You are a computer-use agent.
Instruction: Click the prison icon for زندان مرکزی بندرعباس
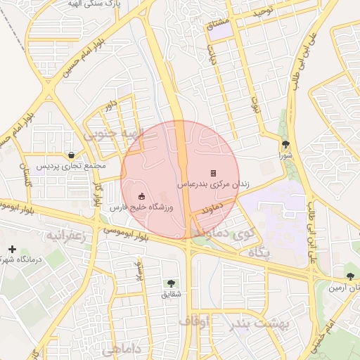pyautogui.click(x=213, y=173)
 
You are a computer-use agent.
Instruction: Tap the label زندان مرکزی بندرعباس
pyautogui.click(x=213, y=184)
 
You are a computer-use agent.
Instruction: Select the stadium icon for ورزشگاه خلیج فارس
pyautogui.click(x=141, y=196)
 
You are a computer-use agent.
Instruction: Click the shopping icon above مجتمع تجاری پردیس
pyautogui.click(x=72, y=155)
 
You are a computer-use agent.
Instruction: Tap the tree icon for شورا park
pyautogui.click(x=285, y=144)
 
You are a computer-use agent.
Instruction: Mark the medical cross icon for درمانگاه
pyautogui.click(x=12, y=249)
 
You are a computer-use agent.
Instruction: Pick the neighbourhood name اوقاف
pyautogui.click(x=195, y=321)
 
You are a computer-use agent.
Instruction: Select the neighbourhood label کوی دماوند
pyautogui.click(x=224, y=231)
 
